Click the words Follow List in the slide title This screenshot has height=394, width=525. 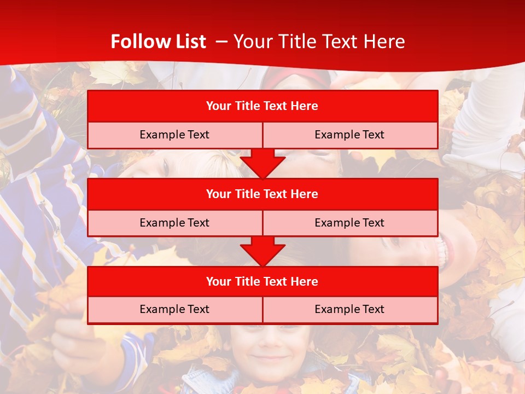[x=158, y=42]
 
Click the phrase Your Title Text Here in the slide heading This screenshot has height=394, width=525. [x=319, y=42]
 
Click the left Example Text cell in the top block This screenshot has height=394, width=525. [x=174, y=135]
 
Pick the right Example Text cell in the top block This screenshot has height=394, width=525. [x=349, y=135]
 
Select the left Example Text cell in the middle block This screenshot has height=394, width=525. [x=174, y=223]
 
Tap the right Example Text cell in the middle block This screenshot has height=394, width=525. [x=349, y=223]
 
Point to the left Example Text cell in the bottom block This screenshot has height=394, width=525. [x=174, y=309]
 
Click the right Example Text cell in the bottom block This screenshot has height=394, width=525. [x=349, y=309]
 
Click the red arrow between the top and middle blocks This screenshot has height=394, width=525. [x=262, y=163]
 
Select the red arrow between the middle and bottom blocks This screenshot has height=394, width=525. [x=262, y=251]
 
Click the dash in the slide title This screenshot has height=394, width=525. [x=221, y=42]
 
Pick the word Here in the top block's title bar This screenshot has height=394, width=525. [x=304, y=106]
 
